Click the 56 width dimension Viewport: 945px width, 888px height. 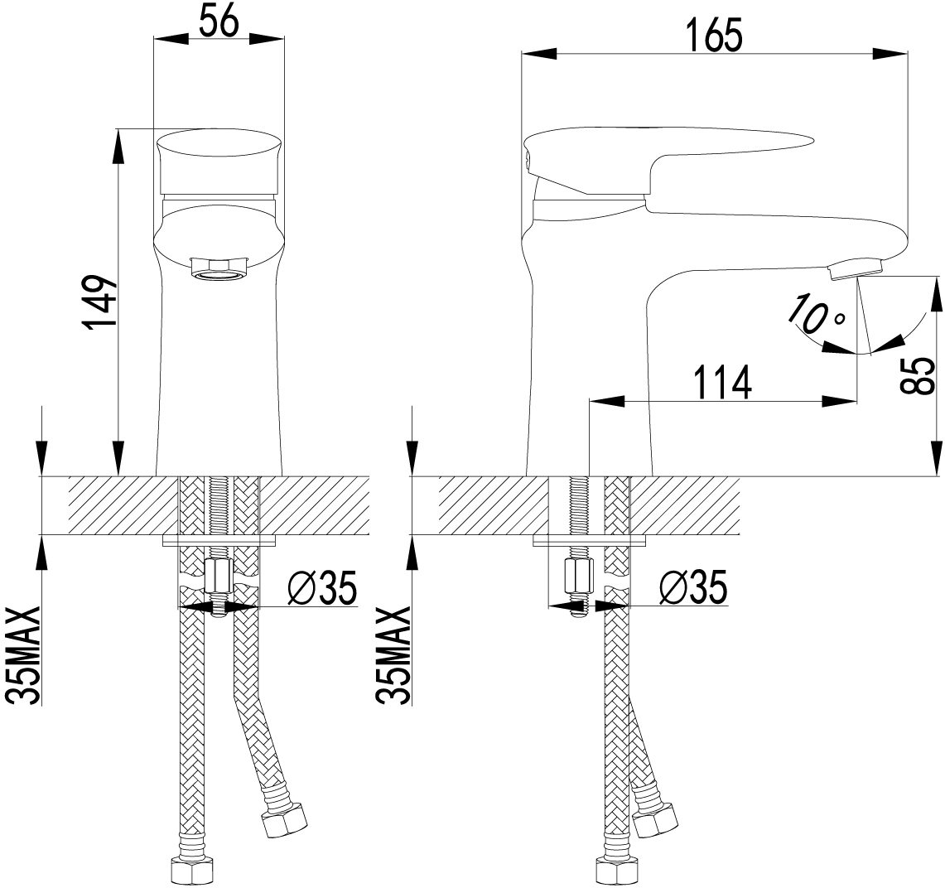pyautogui.click(x=219, y=23)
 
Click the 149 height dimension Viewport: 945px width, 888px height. pyautogui.click(x=99, y=303)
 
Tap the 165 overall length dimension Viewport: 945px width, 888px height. pyautogui.click(x=715, y=36)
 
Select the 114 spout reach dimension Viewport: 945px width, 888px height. pyautogui.click(x=721, y=382)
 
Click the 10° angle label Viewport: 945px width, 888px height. pyautogui.click(x=816, y=313)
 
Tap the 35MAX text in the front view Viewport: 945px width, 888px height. pyautogui.click(x=23, y=656)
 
